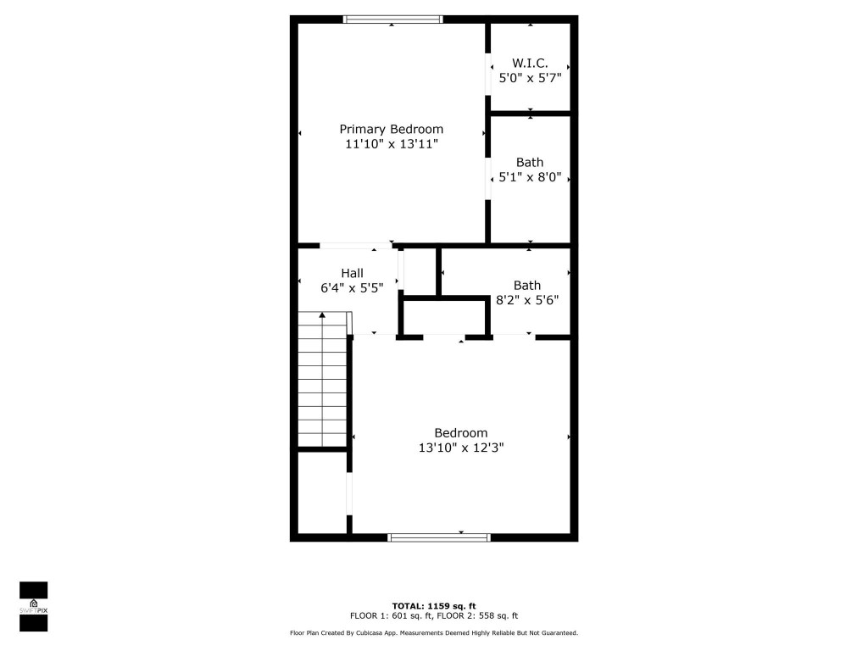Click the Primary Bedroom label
[391, 129]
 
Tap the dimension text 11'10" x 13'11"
[391, 144]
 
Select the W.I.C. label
[530, 63]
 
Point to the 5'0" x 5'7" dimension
[530, 78]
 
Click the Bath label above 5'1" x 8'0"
[530, 162]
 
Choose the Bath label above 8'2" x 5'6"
[526, 285]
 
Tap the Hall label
[352, 273]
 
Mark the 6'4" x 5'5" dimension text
[352, 288]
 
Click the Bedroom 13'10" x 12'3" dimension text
[461, 448]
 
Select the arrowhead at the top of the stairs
[321, 315]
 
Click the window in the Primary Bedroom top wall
[392, 19]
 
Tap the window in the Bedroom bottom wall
[438, 537]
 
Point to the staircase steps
[322, 381]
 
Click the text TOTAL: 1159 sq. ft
[433, 606]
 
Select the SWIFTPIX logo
[33, 606]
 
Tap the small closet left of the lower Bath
[420, 271]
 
